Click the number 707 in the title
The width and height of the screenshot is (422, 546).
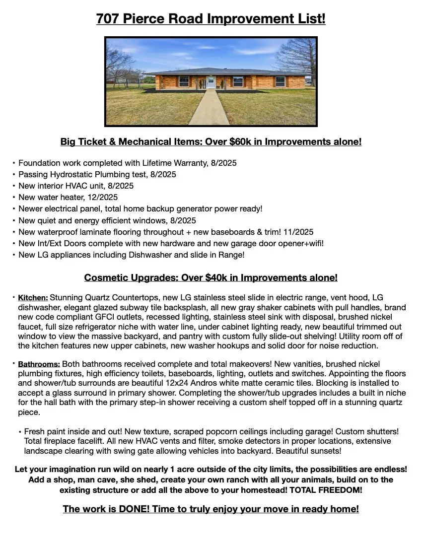tap(107, 19)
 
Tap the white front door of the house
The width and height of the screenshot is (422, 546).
tap(211, 82)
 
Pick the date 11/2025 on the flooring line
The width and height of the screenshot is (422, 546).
tap(296, 232)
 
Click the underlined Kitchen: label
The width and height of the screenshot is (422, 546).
tap(33, 298)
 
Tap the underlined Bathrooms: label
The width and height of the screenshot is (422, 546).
tap(39, 364)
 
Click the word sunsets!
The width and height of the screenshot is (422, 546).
tap(325, 451)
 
